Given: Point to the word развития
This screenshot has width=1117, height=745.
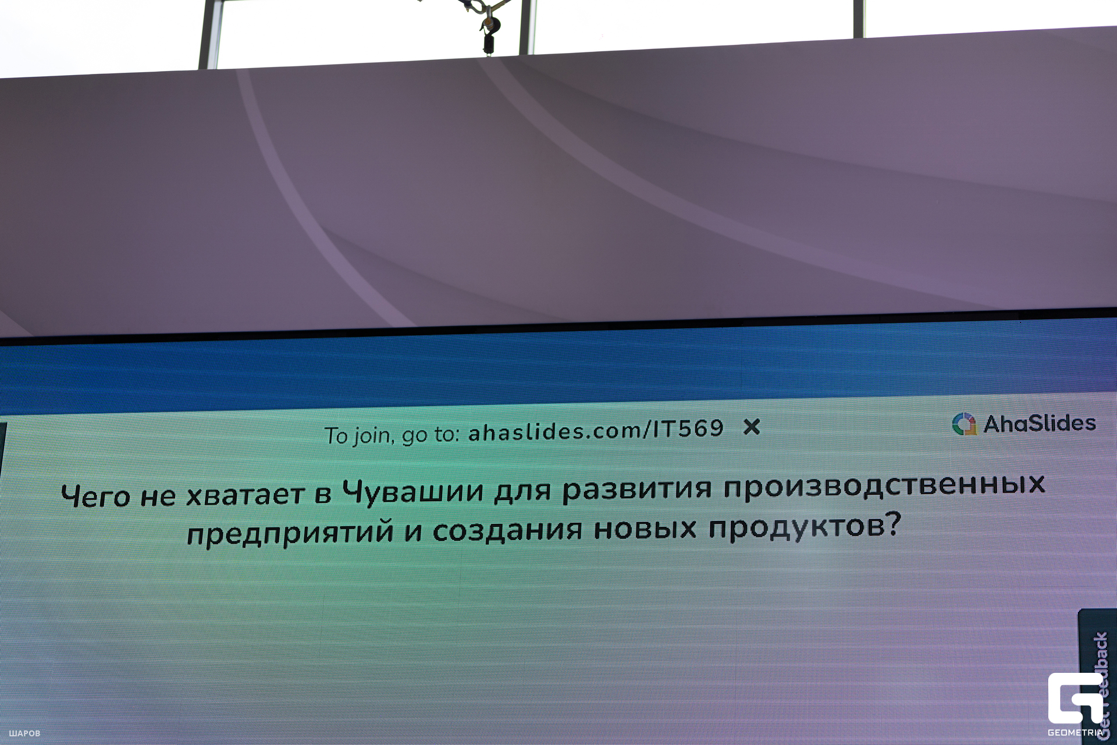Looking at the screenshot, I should pyautogui.click(x=636, y=488).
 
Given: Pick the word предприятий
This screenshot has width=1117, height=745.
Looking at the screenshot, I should pyautogui.click(x=290, y=533).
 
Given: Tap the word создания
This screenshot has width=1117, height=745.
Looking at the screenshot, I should pyautogui.click(x=507, y=530).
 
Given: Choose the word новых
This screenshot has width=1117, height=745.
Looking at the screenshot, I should pyautogui.click(x=645, y=528).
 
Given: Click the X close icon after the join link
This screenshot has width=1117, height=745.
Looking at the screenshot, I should pyautogui.click(x=752, y=427).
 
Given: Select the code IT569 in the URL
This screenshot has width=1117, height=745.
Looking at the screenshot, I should pyautogui.click(x=688, y=429).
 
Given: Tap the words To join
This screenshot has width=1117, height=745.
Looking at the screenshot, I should pyautogui.click(x=358, y=435).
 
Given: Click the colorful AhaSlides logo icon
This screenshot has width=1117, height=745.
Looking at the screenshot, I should pyautogui.click(x=965, y=424).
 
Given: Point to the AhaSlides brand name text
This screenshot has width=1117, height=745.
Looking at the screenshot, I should pyautogui.click(x=1039, y=423).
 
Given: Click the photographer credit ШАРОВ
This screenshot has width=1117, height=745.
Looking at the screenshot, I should pyautogui.click(x=24, y=733).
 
